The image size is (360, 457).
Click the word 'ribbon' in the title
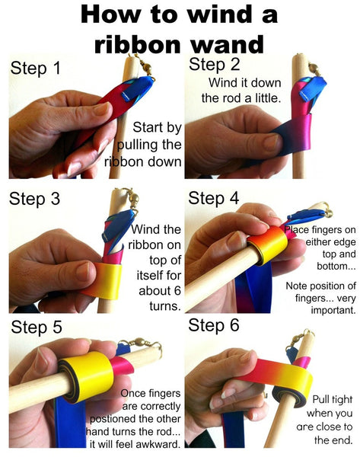pos(137,45)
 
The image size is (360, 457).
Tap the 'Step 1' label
pos(36,69)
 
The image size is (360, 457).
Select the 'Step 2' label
pos(215,64)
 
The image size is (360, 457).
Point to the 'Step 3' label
pos(34,199)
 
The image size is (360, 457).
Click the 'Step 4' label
pos(214,198)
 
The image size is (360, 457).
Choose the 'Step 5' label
pos(37,327)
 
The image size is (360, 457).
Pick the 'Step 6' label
pos(214,325)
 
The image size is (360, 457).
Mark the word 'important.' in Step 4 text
pos(333,310)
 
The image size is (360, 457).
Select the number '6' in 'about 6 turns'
pos(177,291)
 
